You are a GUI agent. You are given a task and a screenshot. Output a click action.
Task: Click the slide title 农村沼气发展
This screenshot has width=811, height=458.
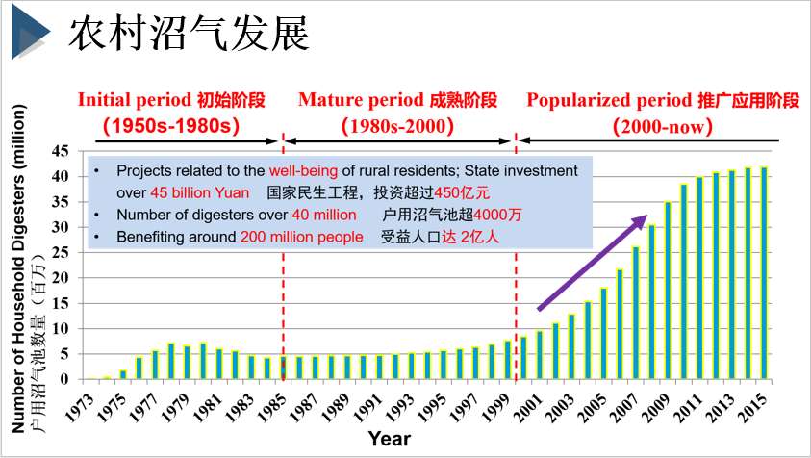tap(189, 35)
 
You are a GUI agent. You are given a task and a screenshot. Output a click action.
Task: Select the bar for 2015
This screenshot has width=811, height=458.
tap(764, 273)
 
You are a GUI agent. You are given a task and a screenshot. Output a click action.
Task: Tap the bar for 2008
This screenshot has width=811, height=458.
tap(651, 302)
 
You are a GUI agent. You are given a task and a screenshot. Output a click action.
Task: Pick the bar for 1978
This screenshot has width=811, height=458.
tap(171, 361)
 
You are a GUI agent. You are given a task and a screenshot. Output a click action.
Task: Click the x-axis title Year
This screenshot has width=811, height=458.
tap(389, 440)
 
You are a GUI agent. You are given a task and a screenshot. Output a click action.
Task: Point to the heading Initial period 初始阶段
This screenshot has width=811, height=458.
tap(170, 100)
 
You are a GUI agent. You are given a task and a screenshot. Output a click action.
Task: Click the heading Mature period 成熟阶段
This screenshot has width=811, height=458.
tap(397, 100)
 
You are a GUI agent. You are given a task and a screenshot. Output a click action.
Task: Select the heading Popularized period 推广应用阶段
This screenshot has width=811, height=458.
tap(663, 100)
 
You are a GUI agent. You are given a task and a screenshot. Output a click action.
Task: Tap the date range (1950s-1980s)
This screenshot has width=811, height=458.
tap(170, 125)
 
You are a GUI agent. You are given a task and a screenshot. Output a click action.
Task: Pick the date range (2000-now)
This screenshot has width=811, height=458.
tap(662, 125)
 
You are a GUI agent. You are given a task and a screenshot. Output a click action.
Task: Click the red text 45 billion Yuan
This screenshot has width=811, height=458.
tap(199, 192)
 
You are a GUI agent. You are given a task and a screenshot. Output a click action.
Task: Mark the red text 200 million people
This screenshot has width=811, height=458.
tap(302, 236)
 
